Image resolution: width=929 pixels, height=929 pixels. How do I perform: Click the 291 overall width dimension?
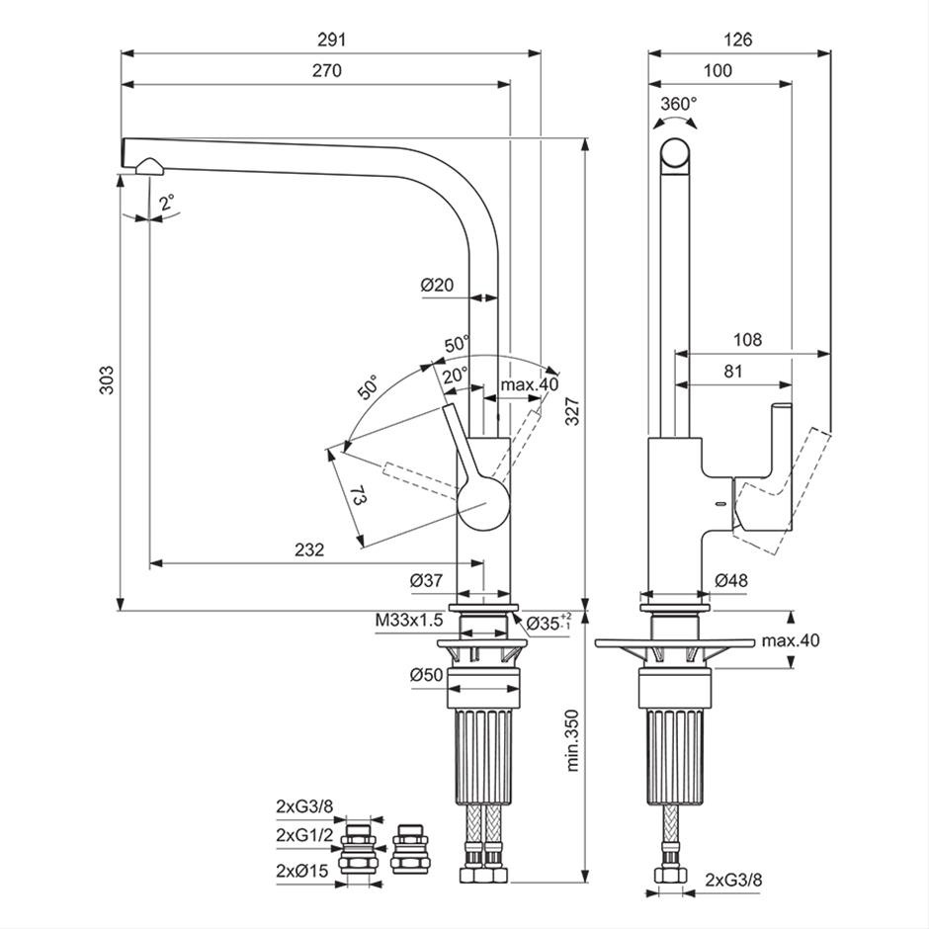pyautogui.click(x=331, y=40)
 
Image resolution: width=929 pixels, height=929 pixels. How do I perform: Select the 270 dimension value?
pyautogui.click(x=327, y=71)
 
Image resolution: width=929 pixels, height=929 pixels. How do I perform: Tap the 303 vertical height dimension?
pyautogui.click(x=106, y=380)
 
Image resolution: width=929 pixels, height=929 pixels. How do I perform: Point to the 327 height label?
pyautogui.click(x=572, y=410)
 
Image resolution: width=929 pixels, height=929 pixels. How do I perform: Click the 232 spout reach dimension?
pyautogui.click(x=310, y=549)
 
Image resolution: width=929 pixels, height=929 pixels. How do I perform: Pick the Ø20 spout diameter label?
pyautogui.click(x=437, y=285)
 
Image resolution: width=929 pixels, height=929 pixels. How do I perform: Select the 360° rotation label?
pyautogui.click(x=679, y=105)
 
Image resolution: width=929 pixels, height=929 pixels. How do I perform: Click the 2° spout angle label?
pyautogui.click(x=168, y=204)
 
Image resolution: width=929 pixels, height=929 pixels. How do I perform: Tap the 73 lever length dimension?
pyautogui.click(x=358, y=495)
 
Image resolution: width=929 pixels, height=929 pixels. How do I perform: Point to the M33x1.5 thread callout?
pyautogui.click(x=409, y=621)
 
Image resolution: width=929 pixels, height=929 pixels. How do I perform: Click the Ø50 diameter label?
pyautogui.click(x=427, y=675)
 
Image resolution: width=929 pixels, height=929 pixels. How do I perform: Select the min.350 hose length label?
pyautogui.click(x=572, y=740)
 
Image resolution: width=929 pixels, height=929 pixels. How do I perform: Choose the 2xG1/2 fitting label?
pyautogui.click(x=304, y=835)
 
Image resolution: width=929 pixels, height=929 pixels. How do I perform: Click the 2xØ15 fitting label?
pyautogui.click(x=302, y=871)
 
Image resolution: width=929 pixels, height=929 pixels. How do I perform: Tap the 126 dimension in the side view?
pyautogui.click(x=738, y=40)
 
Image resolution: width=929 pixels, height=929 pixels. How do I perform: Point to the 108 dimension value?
pyautogui.click(x=748, y=340)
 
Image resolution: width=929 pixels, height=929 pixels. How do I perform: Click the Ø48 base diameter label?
pyautogui.click(x=731, y=580)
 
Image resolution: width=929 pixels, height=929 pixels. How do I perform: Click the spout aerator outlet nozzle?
pyautogui.click(x=151, y=166)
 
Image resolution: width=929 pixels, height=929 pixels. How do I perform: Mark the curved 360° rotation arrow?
pyautogui.click(x=675, y=119)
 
